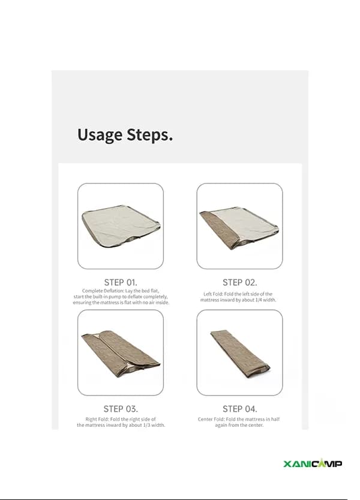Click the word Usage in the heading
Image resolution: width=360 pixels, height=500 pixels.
(x=100, y=135)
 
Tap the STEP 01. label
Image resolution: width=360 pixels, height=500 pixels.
(x=121, y=282)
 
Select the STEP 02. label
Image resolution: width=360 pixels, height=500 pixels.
(x=239, y=282)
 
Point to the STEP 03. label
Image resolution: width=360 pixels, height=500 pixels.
(x=121, y=409)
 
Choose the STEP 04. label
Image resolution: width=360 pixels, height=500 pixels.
(x=239, y=409)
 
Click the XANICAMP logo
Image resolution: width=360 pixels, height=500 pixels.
(x=313, y=463)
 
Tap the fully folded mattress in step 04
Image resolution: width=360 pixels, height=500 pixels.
(x=240, y=354)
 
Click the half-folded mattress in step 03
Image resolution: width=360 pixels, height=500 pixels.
(x=121, y=353)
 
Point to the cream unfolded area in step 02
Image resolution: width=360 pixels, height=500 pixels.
(x=245, y=224)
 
